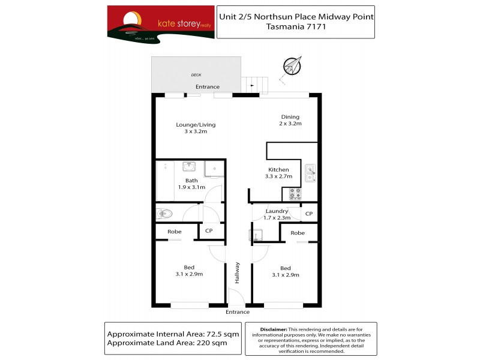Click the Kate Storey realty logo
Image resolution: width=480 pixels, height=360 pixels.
pos(160,23)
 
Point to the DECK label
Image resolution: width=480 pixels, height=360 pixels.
pos(196,75)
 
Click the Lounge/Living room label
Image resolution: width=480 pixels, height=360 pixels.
pos(196,125)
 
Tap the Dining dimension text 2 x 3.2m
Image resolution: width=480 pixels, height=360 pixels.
pos(290,124)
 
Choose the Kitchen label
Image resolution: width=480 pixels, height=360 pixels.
pos(278,170)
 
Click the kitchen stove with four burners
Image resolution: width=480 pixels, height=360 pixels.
pos(295,193)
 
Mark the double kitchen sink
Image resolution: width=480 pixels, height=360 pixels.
pos(310,173)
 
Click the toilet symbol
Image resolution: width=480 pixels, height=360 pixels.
pos(164,212)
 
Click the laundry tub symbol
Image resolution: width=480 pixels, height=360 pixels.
pos(254,235)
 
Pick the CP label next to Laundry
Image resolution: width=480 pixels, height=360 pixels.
pos(309,214)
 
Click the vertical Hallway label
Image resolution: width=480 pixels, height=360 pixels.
pos(238,273)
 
